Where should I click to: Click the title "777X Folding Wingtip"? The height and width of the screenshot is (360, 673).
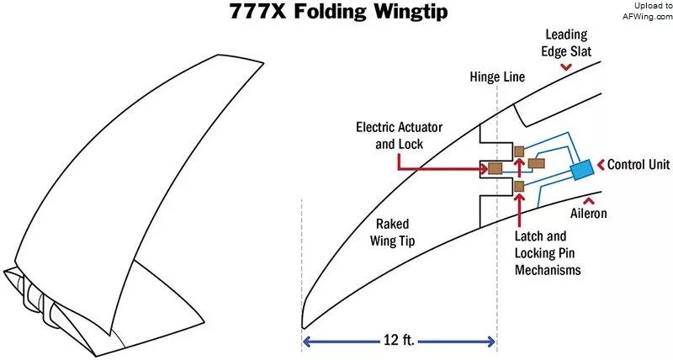(x=338, y=11)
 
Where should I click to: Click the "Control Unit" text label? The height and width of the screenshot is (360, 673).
(x=639, y=164)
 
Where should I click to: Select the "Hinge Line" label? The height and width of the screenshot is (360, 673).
(x=497, y=77)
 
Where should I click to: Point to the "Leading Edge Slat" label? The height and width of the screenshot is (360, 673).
(x=566, y=43)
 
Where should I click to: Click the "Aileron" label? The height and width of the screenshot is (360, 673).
(x=588, y=214)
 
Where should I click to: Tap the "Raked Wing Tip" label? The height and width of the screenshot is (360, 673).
(x=392, y=232)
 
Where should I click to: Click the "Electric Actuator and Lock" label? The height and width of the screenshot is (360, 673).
(x=399, y=135)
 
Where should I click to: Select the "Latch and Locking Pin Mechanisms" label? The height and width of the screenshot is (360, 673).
(x=548, y=252)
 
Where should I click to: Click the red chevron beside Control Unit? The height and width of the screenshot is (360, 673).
(x=601, y=164)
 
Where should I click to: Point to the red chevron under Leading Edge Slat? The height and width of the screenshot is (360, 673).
(x=566, y=66)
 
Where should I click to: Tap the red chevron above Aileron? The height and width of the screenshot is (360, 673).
(x=588, y=200)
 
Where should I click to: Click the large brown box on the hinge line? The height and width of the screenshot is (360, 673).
(x=495, y=168)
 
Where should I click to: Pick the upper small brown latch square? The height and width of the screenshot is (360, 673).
(x=519, y=151)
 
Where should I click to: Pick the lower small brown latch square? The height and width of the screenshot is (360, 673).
(x=519, y=186)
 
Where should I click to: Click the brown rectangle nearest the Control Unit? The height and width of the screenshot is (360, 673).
(x=537, y=163)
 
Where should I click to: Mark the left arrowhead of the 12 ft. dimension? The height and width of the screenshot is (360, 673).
(x=306, y=341)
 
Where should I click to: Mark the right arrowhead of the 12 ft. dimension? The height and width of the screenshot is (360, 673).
(x=491, y=341)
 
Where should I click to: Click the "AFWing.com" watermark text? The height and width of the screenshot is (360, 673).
(x=648, y=17)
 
